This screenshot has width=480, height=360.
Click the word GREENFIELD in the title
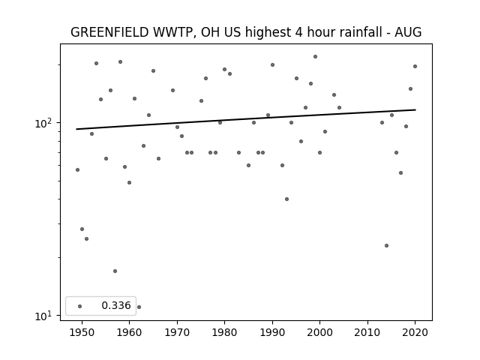pyautogui.click(x=109, y=32)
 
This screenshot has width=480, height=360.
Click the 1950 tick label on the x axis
pyautogui.click(x=82, y=332)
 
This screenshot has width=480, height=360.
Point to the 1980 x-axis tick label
pyautogui.click(x=224, y=332)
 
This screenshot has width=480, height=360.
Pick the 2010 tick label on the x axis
pyautogui.click(x=367, y=332)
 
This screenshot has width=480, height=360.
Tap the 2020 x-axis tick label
pyautogui.click(x=415, y=332)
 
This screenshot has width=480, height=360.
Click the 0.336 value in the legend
pyautogui.click(x=116, y=305)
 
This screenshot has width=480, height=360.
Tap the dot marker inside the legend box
pyautogui.click(x=80, y=306)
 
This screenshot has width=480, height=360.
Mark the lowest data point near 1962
pyautogui.click(x=139, y=307)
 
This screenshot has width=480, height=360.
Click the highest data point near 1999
pyautogui.click(x=315, y=57)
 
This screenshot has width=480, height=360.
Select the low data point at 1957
pyautogui.click(x=115, y=271)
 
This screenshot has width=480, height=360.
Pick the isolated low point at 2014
pyautogui.click(x=387, y=245)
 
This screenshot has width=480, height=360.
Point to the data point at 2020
pyautogui.click(x=415, y=67)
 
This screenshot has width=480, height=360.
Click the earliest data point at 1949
pyautogui.click(x=77, y=170)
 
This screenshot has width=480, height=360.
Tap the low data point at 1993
pyautogui.click(x=286, y=199)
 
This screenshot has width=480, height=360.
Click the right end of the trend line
pyautogui.click(x=415, y=109)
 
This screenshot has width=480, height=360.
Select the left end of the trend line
pyautogui.click(x=76, y=129)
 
